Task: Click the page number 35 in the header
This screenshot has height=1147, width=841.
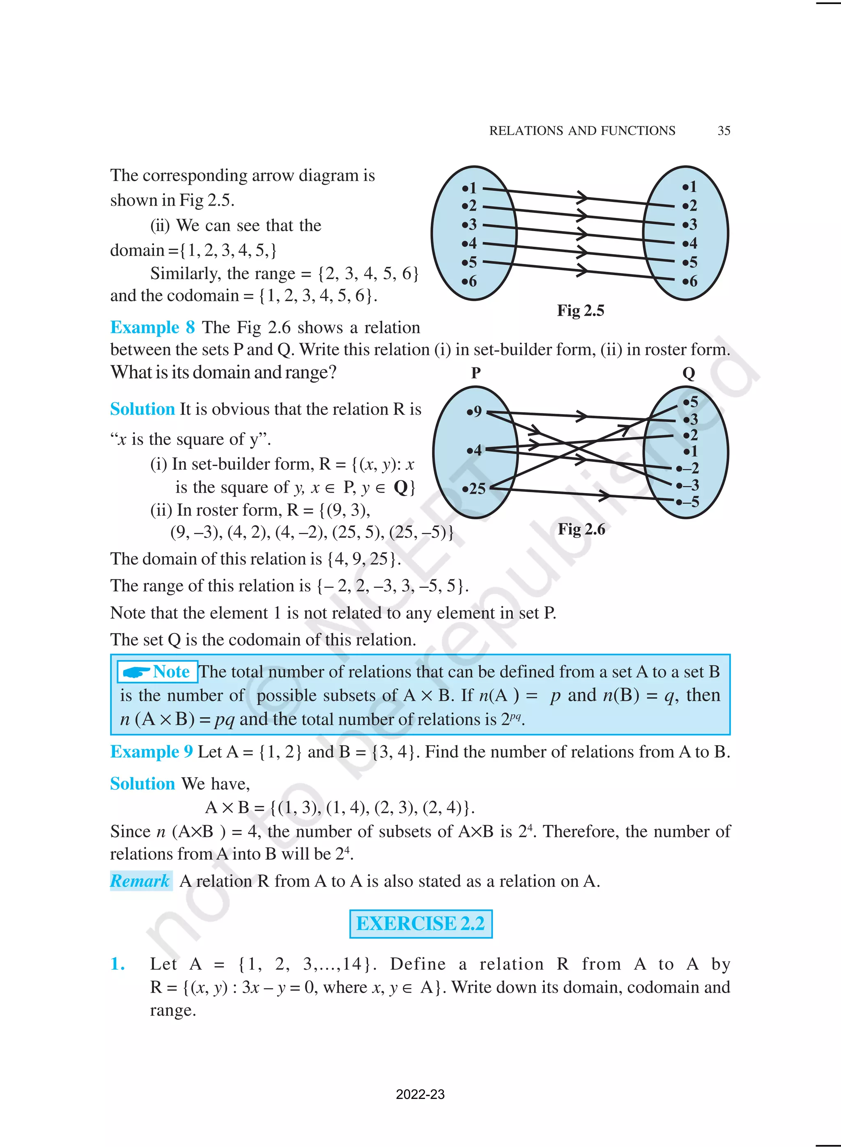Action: tap(724, 131)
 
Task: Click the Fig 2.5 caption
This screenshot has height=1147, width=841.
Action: tap(580, 310)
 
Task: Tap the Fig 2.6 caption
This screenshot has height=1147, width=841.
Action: tap(581, 529)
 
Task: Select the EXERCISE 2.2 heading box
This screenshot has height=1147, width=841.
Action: tap(420, 924)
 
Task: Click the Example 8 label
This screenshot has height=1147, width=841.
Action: tap(152, 327)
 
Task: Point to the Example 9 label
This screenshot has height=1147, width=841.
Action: tap(151, 752)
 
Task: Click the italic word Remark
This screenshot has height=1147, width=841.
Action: tap(140, 881)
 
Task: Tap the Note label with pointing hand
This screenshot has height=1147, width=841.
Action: tap(157, 672)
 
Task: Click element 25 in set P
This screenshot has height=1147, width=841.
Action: tap(474, 489)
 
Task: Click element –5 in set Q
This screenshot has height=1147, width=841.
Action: tap(688, 502)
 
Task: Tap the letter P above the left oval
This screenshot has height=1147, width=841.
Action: tap(476, 373)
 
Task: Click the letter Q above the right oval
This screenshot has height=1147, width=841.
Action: tap(688, 374)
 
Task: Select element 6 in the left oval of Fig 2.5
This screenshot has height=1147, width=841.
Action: tap(469, 281)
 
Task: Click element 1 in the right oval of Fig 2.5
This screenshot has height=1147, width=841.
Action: tap(690, 187)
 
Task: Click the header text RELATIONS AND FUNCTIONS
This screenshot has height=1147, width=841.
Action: tap(582, 131)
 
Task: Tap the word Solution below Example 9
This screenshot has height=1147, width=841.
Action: tap(142, 784)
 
